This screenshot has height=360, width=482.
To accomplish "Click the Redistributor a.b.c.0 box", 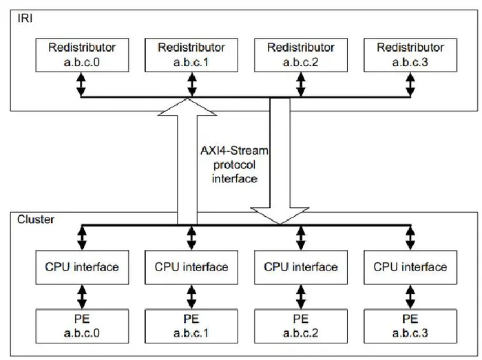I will click(x=81, y=54).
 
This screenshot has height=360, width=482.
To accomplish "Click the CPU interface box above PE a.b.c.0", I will click(x=81, y=266).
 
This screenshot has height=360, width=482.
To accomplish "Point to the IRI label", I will click(x=25, y=17).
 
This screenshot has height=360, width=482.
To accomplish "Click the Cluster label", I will click(x=34, y=219).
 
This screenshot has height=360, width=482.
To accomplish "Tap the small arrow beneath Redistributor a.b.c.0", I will click(x=81, y=84).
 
